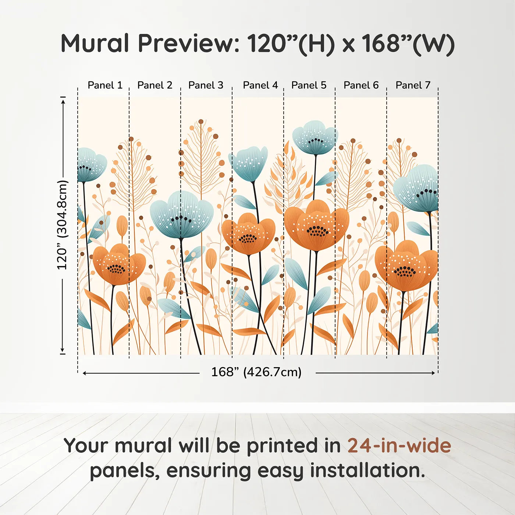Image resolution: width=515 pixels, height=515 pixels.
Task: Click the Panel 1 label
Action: [x=105, y=85]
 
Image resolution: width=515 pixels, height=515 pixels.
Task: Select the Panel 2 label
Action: [x=154, y=85]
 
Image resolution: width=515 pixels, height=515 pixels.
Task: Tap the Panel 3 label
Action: [x=206, y=85]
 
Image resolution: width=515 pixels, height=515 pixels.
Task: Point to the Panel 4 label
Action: [x=260, y=85]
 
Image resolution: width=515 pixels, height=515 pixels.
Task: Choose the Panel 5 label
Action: [x=309, y=85]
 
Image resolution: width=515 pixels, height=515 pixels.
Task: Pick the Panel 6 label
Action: [x=361, y=85]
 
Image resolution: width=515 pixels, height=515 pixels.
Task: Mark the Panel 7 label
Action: [x=413, y=85]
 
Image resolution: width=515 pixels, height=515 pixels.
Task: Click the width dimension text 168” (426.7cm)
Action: [x=256, y=372]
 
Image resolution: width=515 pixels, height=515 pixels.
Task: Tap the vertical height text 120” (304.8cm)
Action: [x=63, y=225]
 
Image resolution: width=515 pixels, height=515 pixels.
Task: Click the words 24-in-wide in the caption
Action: [x=399, y=445]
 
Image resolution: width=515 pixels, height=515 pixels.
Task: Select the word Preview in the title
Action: [x=188, y=43]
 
